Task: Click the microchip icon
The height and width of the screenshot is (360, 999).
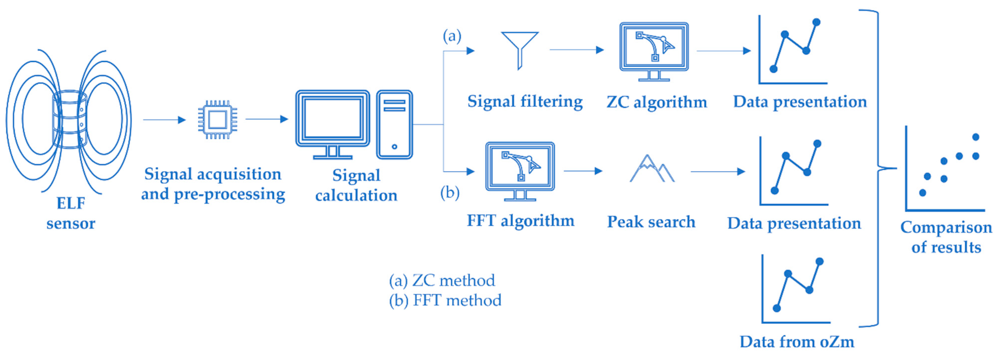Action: [x=217, y=120]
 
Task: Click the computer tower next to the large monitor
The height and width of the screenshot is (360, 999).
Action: [x=394, y=124]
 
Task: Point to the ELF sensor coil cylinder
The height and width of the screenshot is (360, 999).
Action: [x=70, y=120]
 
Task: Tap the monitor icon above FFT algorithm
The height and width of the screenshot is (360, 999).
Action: [x=520, y=171]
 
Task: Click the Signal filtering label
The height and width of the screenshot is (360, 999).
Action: [x=525, y=102]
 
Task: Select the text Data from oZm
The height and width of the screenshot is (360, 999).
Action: [x=797, y=342]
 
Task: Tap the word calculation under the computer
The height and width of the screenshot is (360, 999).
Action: [x=356, y=195]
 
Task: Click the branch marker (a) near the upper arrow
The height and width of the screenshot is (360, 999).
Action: [x=452, y=36]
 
